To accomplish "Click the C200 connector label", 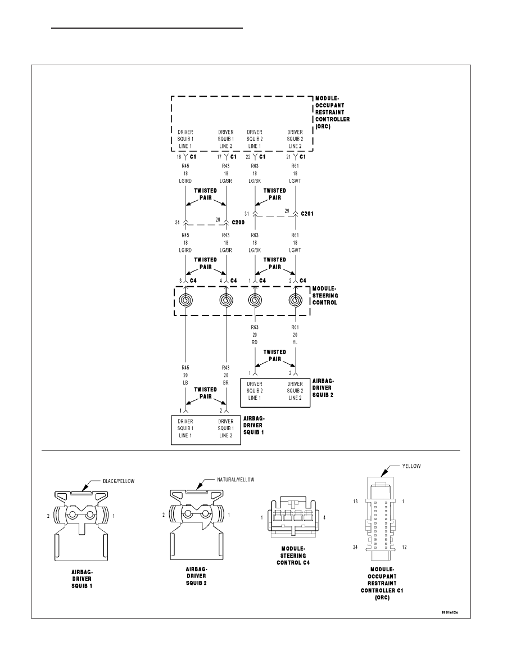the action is click(238, 222).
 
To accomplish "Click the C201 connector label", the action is click(307, 214).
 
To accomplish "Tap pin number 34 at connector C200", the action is click(178, 222).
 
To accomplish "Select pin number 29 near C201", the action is click(287, 211).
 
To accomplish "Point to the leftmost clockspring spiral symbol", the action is click(185, 300).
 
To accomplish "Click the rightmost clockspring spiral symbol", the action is click(295, 300).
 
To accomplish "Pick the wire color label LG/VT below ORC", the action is click(295, 180).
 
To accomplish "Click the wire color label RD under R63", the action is click(255, 342).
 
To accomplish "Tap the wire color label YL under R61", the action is click(295, 342).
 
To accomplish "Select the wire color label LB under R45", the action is click(185, 382).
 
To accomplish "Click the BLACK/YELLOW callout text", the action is click(119, 481).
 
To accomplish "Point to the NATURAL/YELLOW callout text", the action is click(236, 480).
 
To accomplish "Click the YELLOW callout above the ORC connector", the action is click(411, 466).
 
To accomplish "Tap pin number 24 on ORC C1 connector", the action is click(355, 547).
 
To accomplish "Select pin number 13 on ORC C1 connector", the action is click(355, 502).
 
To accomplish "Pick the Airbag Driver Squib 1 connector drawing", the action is click(82, 526).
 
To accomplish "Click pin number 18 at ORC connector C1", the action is click(179, 157).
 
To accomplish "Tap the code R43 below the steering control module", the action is click(225, 367).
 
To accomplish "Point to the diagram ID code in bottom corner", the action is click(450, 613).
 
